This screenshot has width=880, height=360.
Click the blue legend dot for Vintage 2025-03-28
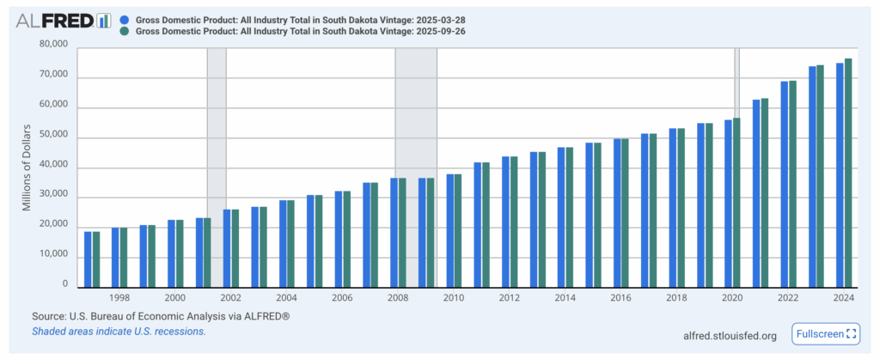[x=126, y=18]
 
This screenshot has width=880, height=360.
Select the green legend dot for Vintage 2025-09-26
[x=126, y=31]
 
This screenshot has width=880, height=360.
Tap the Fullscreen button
[x=826, y=334]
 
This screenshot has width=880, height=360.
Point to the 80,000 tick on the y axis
[x=53, y=45]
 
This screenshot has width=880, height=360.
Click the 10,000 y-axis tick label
[x=53, y=254]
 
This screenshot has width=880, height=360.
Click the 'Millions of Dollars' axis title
[x=27, y=168]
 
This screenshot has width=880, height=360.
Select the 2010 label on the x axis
[x=453, y=297]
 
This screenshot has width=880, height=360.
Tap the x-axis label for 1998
[x=119, y=297]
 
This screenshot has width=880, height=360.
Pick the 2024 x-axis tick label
[x=843, y=297]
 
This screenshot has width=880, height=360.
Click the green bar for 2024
[x=848, y=173]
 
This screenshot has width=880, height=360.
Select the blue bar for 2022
[x=785, y=184]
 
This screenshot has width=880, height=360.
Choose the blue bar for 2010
[x=450, y=230]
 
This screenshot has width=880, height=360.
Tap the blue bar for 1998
[x=115, y=257]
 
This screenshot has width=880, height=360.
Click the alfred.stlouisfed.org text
[x=730, y=335]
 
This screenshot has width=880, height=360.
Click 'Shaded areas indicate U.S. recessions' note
[x=119, y=331]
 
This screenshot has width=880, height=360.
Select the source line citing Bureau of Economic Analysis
[x=160, y=315]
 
